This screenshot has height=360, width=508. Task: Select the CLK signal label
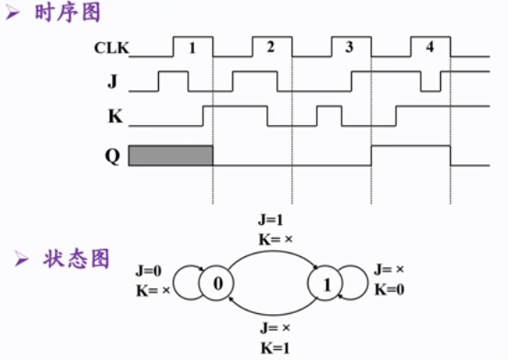pos(110,47)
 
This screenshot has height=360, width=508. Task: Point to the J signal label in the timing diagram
pos(112,82)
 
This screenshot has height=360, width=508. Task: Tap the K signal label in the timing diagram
pos(112,117)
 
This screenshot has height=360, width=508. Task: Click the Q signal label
pos(112,154)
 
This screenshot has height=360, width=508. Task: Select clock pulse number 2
pos(270,46)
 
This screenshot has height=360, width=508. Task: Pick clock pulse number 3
pos(349,46)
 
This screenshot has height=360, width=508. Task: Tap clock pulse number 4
pos(429,46)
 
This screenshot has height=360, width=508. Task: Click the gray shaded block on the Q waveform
pos(170,155)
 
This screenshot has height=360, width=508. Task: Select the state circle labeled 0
pos(218,283)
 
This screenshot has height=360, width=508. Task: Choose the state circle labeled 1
pos(325,283)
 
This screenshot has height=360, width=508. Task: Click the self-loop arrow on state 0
pos(188,283)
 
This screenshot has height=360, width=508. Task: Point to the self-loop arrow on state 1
pos(355,283)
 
